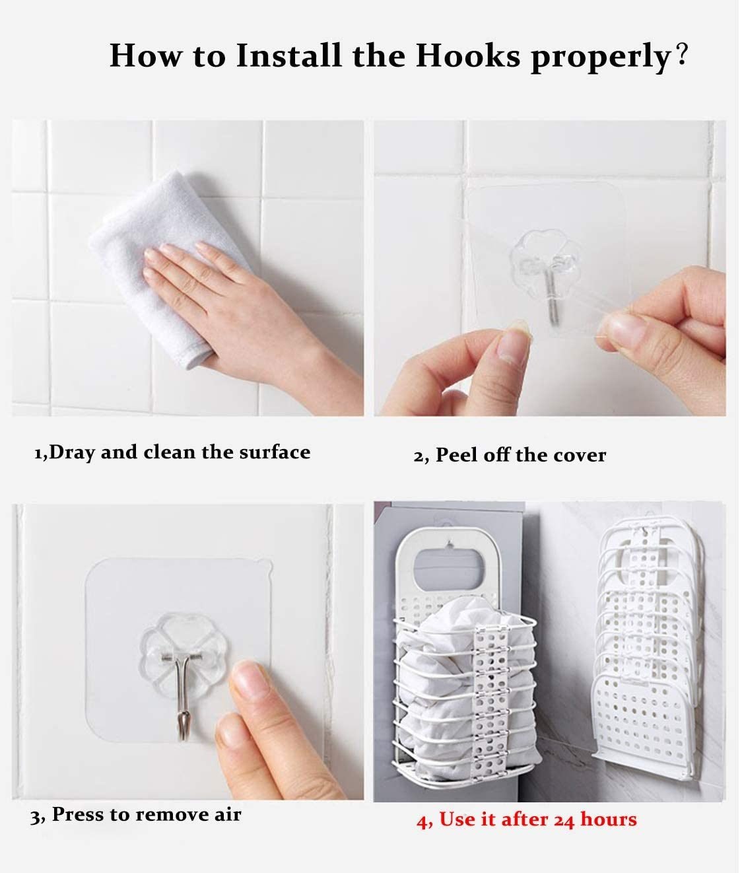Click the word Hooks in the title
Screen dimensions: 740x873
coord(468,55)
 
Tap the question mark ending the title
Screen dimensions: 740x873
coord(682,53)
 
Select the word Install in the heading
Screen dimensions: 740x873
coord(288,55)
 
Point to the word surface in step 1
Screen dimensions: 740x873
coord(275,452)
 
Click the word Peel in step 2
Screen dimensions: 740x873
coord(456,455)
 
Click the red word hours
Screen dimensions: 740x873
coord(608,820)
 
